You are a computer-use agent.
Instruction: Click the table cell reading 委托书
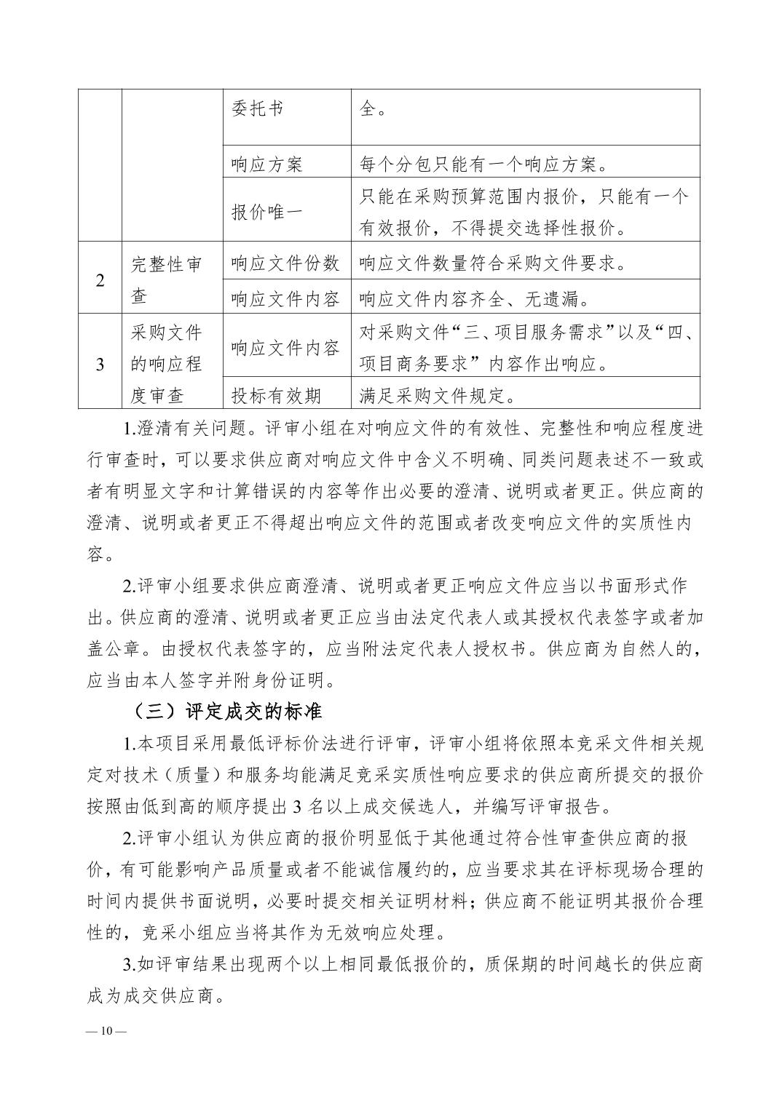pos(257,109)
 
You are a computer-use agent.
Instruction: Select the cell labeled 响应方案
pos(266,164)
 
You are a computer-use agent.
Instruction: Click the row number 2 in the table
pos(100,280)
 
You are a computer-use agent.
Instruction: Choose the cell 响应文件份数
pos(285,263)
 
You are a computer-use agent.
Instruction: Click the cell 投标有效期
pos(276,396)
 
